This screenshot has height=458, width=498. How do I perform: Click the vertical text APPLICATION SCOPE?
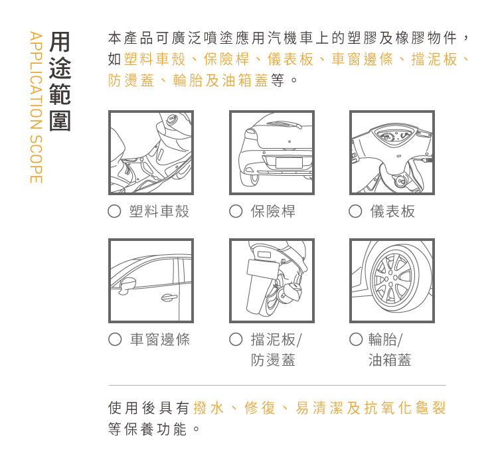[x=36, y=107]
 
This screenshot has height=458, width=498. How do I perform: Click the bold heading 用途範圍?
[x=60, y=81]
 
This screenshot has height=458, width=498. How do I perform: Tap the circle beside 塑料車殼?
[x=114, y=211]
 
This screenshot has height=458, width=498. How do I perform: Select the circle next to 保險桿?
[x=236, y=211]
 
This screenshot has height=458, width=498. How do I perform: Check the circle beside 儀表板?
[x=355, y=211]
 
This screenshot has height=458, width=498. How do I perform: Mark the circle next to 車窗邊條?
[x=115, y=339]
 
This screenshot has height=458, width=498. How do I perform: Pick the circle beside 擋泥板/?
[x=236, y=339]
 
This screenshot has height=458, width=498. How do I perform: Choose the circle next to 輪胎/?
[x=356, y=339]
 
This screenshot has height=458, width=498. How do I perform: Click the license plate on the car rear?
[x=289, y=163]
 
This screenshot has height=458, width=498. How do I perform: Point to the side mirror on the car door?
[x=128, y=285]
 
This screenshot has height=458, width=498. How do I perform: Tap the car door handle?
[x=169, y=297]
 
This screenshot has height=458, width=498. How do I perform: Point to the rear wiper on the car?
[x=285, y=124]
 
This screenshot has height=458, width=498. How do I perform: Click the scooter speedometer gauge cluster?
[x=392, y=137]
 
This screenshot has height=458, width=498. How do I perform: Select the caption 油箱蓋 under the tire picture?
[x=390, y=360]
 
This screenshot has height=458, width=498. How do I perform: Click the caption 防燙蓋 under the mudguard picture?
[x=273, y=360]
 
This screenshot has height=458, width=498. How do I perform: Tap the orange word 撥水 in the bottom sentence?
[x=208, y=408]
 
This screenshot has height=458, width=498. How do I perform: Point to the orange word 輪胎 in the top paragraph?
[x=188, y=80]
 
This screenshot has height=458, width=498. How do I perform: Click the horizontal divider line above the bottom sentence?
[x=278, y=385]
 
